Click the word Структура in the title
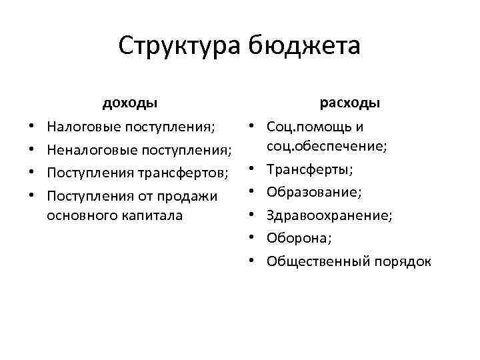click(x=179, y=47)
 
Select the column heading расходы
click(x=350, y=103)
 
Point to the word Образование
click(x=313, y=193)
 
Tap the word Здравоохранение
click(x=328, y=215)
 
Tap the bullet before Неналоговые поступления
click(x=32, y=150)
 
